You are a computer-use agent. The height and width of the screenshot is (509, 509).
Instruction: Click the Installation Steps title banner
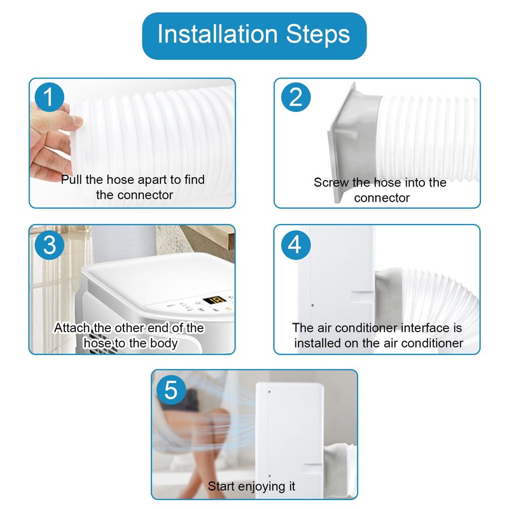coord(254,36)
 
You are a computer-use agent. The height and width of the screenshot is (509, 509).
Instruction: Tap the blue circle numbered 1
coord(50,97)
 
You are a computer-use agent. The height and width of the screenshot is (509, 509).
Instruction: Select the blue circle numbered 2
coord(296,97)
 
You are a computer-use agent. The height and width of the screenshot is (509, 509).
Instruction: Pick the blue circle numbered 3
coord(50,245)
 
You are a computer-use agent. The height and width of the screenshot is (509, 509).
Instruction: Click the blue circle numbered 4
coord(296,245)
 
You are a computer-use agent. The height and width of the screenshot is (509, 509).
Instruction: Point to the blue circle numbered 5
coord(171,390)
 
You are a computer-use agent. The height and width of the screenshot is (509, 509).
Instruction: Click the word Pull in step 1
coord(72,179)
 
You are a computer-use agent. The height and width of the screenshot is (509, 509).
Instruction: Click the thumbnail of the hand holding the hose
coord(132,143)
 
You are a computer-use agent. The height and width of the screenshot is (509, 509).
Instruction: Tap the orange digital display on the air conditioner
coord(214,300)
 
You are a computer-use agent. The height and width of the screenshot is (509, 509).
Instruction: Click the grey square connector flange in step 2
coord(344,143)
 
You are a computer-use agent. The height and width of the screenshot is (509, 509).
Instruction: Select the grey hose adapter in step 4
coord(389,295)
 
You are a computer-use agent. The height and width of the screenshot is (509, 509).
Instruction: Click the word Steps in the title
coord(317,34)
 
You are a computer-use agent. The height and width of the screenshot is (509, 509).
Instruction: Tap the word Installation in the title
coord(218,34)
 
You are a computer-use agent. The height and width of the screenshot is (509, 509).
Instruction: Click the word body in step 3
coord(164,344)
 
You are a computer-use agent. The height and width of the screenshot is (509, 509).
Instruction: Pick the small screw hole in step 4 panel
coord(312,305)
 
